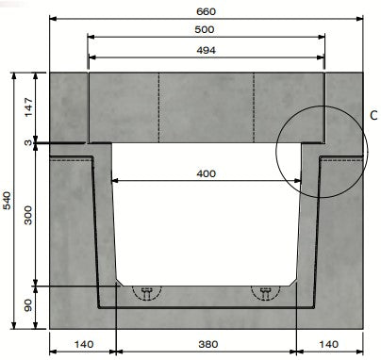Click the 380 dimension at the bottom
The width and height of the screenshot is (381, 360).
click(x=206, y=345)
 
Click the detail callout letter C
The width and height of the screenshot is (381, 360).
click(x=373, y=117)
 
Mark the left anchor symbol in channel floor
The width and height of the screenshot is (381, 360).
click(x=146, y=292)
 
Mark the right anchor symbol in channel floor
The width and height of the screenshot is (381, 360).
click(x=266, y=292)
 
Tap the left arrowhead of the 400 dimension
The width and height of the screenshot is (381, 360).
click(x=117, y=180)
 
